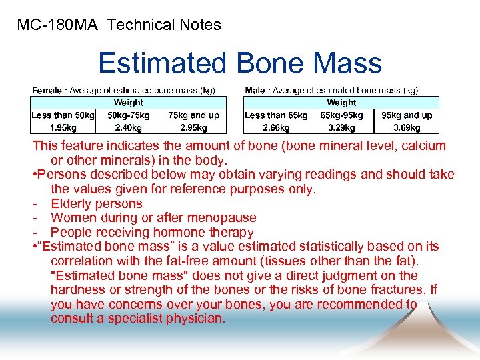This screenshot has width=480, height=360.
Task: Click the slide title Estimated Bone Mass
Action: pyautogui.click(x=240, y=63)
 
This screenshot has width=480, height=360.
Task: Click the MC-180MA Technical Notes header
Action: pyautogui.click(x=119, y=25)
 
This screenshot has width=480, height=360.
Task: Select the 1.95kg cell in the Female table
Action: pyautogui.click(x=63, y=127)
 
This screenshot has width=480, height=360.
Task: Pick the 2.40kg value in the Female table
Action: pyautogui.click(x=128, y=127)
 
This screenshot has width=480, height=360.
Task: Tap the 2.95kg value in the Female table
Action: pyautogui.click(x=193, y=127)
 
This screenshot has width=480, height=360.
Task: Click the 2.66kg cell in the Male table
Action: pyautogui.click(x=276, y=127)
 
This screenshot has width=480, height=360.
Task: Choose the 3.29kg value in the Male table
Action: pyautogui.click(x=341, y=127)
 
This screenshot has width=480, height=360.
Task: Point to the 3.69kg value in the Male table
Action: pyautogui.click(x=407, y=127)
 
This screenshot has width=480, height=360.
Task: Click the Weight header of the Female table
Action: pyautogui.click(x=128, y=103)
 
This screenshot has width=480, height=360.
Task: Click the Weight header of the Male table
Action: pyautogui.click(x=341, y=103)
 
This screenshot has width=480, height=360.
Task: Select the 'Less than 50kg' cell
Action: pyautogui.click(x=63, y=115)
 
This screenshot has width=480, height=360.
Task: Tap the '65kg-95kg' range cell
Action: pyautogui.click(x=341, y=115)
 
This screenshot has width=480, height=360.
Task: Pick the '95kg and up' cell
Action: pyautogui.click(x=407, y=115)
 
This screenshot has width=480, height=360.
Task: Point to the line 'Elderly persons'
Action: pyautogui.click(x=97, y=203)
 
